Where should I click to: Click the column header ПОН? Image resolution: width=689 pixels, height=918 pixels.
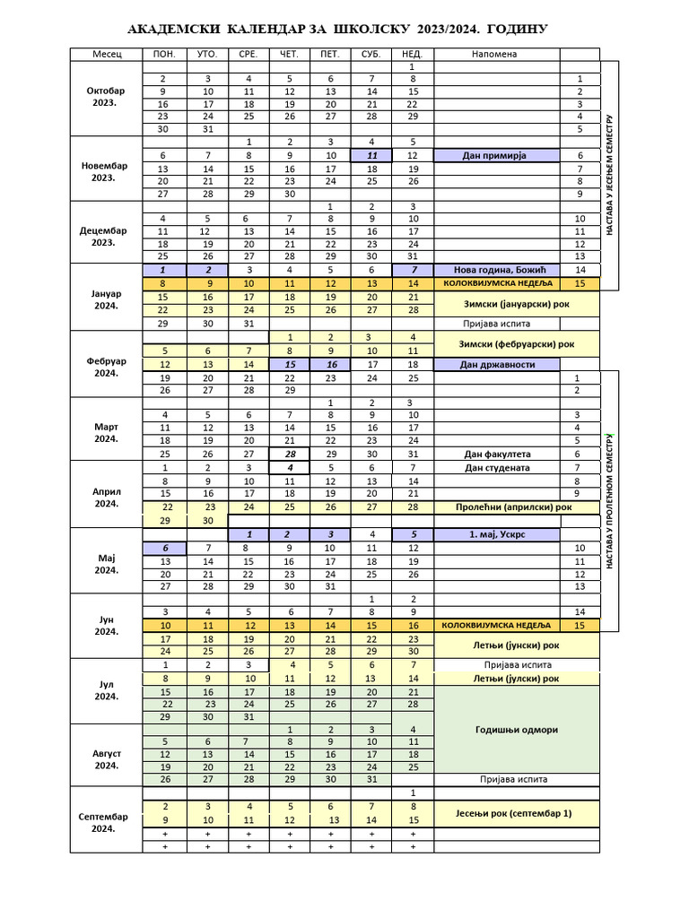click(164, 54)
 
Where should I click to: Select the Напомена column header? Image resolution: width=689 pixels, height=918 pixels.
click(496, 54)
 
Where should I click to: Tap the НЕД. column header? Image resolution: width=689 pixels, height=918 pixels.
click(412, 54)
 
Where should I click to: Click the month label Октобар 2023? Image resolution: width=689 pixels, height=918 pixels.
click(106, 97)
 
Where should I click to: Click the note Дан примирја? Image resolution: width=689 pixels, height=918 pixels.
click(495, 155)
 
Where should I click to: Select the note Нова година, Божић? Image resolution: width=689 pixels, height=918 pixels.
click(495, 270)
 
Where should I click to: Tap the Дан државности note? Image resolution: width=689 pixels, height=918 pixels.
click(495, 365)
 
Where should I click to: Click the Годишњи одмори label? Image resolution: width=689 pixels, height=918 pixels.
click(516, 729)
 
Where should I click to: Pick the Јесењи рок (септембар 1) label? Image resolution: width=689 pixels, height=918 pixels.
click(516, 814)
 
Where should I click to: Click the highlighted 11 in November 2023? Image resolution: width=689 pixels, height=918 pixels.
click(371, 155)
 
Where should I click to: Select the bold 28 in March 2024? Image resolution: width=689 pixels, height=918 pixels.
click(290, 454)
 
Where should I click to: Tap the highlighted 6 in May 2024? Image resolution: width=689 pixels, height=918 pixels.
click(165, 548)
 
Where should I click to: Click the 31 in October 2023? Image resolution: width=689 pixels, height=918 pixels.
click(208, 129)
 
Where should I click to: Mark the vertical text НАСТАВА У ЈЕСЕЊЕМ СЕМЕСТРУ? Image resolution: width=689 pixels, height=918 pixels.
click(609, 176)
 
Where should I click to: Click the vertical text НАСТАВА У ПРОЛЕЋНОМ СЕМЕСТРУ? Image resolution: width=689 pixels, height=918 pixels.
click(609, 503)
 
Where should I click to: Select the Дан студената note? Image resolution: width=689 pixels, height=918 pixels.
click(495, 467)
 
